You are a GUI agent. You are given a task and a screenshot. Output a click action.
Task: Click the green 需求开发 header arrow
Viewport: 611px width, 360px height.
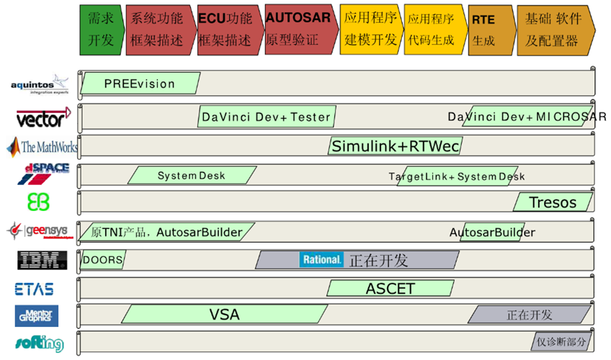tap(101, 29)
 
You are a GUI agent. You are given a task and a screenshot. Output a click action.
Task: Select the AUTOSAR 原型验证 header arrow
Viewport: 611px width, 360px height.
tap(297, 29)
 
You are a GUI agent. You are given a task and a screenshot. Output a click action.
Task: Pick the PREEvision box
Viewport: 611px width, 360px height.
tap(140, 84)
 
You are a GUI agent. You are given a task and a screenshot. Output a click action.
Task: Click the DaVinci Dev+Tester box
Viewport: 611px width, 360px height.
tap(267, 117)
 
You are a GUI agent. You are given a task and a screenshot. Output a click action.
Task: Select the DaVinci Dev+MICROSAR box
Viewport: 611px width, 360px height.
tap(527, 117)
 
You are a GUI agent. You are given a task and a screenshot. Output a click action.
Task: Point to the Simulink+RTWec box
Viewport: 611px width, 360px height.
tap(395, 146)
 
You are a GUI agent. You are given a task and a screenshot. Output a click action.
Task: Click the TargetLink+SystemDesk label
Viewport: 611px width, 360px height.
tap(457, 176)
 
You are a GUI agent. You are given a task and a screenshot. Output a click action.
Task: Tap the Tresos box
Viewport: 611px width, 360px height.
tap(553, 202)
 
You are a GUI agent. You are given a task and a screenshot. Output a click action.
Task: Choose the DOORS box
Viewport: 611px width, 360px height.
tap(102, 259)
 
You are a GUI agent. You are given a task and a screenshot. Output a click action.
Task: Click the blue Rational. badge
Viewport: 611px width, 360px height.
tap(321, 259)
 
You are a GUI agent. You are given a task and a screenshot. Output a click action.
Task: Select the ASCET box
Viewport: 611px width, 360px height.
tap(390, 289)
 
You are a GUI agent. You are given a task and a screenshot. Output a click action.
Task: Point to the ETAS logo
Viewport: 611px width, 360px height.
tap(34, 289)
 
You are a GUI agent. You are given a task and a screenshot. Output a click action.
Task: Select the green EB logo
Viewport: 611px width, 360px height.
tap(38, 202)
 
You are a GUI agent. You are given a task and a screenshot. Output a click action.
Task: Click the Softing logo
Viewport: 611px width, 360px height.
tap(40, 343)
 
